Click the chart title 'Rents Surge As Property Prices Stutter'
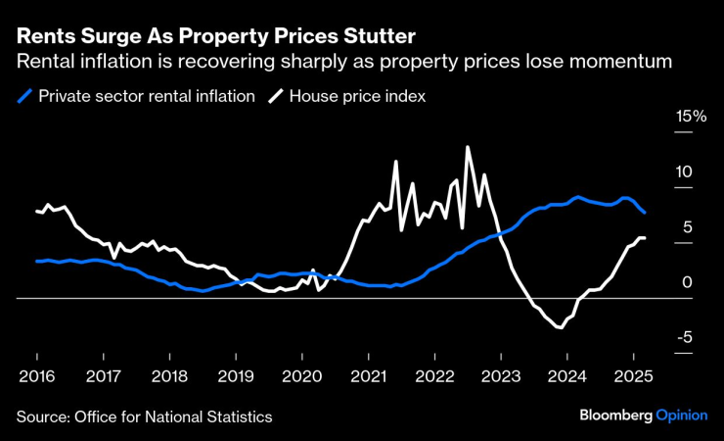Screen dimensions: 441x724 coord(215,36)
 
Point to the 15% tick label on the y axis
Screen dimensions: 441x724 coord(691,117)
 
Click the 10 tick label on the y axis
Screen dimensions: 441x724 coord(684,171)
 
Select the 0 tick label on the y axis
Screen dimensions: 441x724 coord(687,282)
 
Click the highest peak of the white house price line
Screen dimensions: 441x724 coord(468,147)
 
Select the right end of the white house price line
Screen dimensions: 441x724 coord(643,238)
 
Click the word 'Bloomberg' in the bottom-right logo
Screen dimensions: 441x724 coord(612,416)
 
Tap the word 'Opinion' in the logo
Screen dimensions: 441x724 coord(681,416)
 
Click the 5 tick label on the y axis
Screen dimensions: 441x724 coord(687,226)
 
